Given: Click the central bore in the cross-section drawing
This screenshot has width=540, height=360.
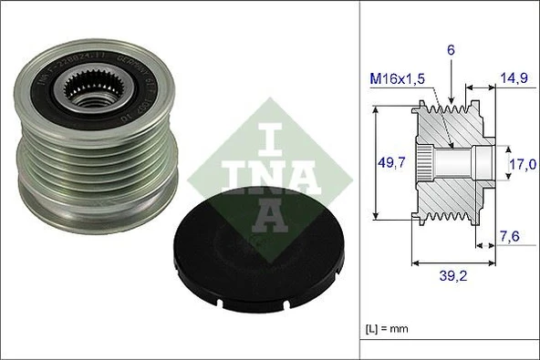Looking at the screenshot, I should coord(456,164).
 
